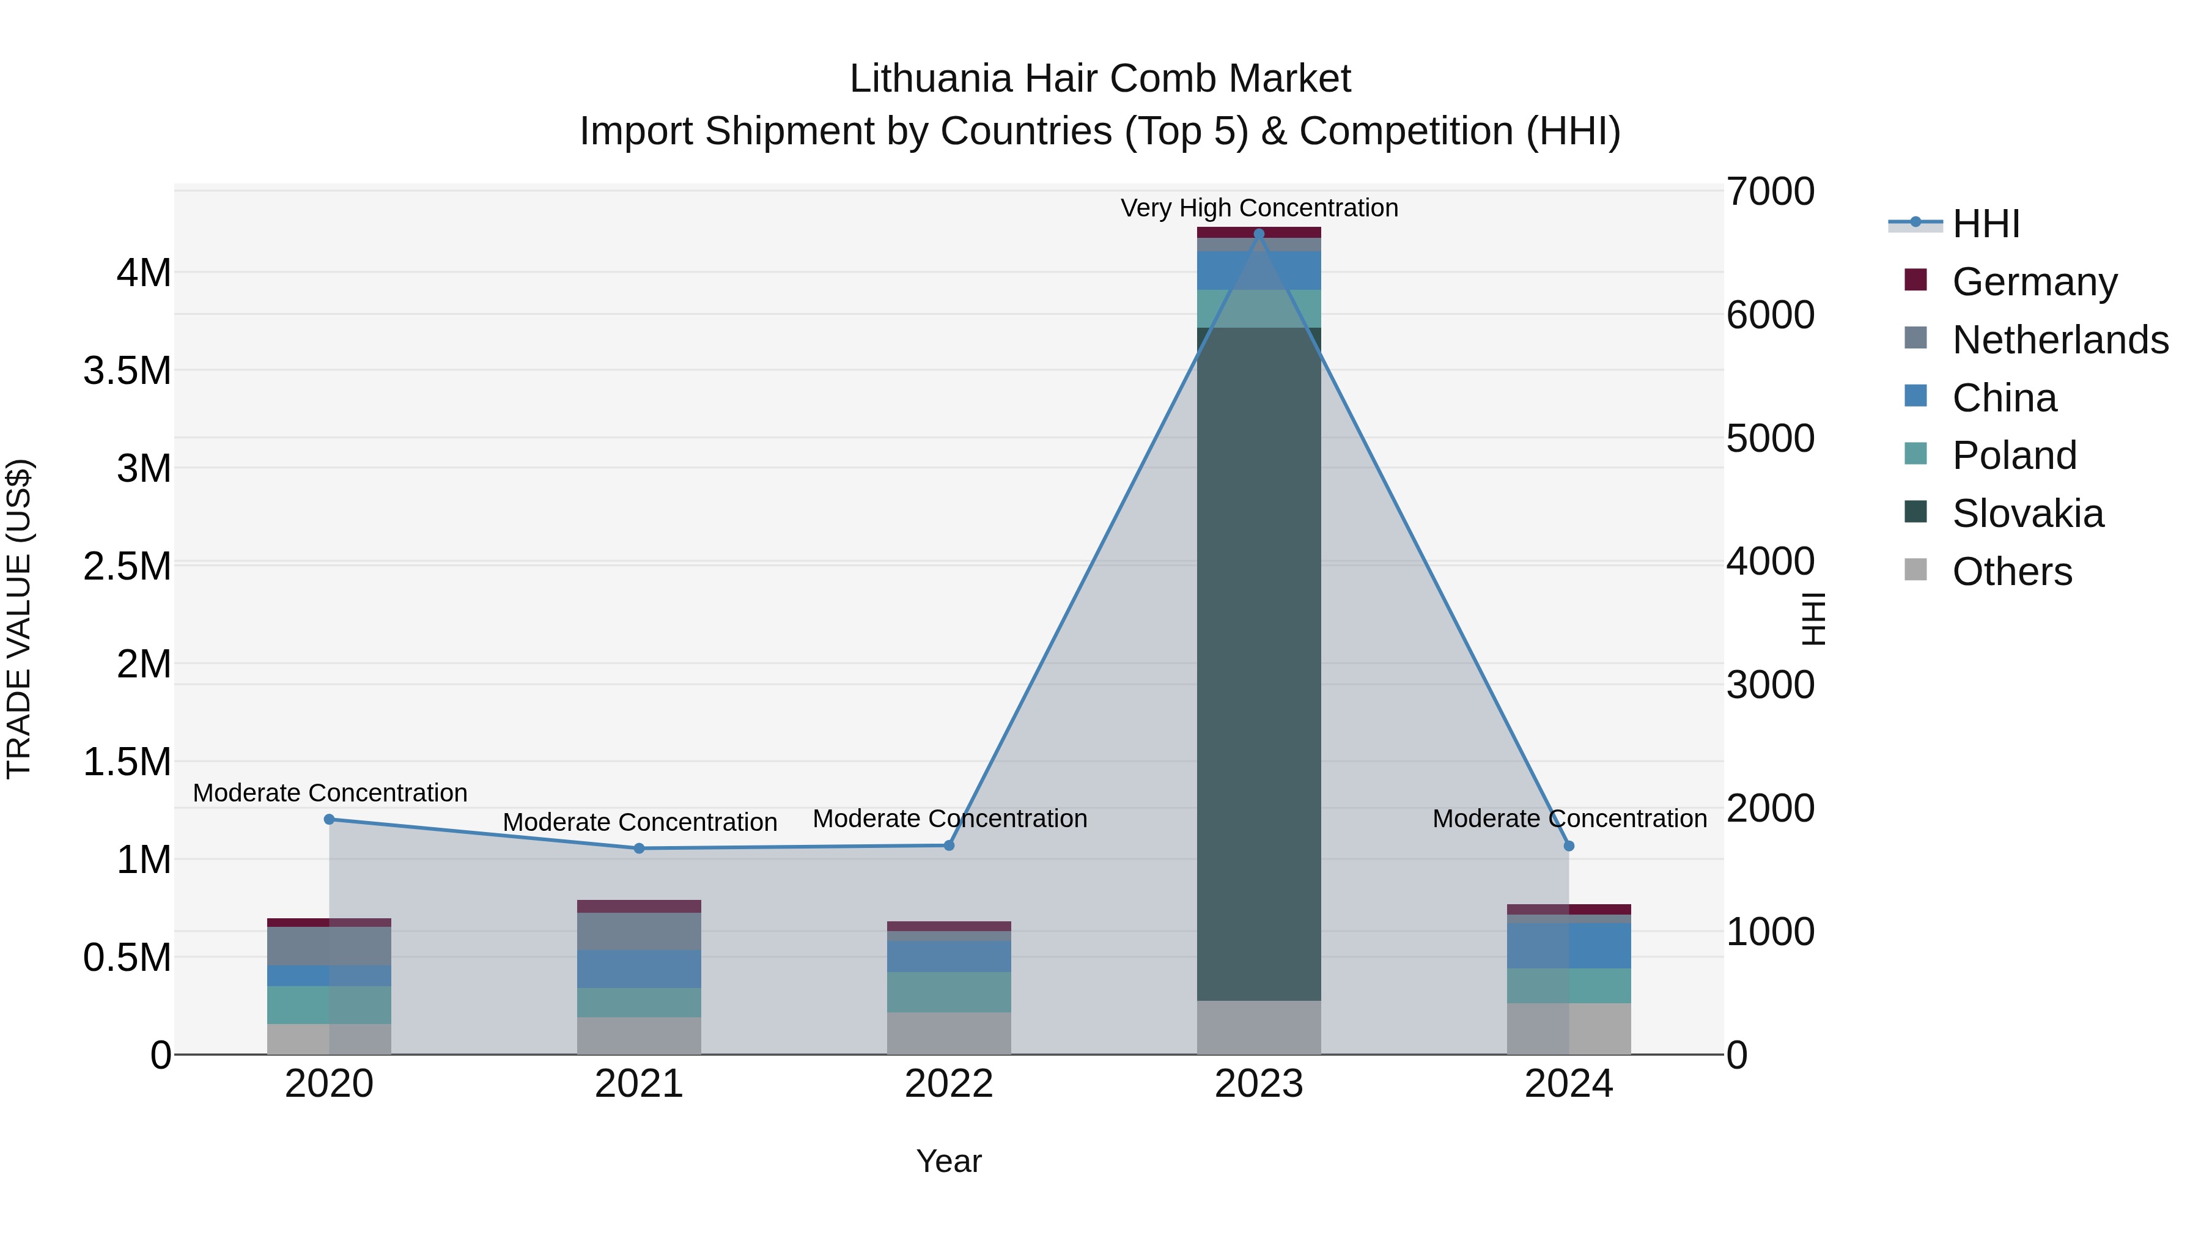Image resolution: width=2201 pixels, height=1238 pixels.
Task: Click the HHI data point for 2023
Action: [x=1259, y=234]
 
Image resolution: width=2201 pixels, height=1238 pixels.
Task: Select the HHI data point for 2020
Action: [x=329, y=819]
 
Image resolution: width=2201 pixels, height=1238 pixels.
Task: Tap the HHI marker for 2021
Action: [x=639, y=849]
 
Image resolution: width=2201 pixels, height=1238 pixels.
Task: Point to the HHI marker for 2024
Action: [x=1569, y=846]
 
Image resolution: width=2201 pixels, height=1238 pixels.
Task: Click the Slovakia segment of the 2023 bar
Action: [x=1259, y=664]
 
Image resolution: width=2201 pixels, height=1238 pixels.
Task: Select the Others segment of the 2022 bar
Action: [x=948, y=1033]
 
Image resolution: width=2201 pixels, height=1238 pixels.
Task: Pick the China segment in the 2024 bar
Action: [x=1569, y=945]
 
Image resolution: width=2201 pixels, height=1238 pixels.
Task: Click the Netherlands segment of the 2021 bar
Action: [x=639, y=931]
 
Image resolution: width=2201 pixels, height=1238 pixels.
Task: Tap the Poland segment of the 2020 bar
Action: [x=329, y=1004]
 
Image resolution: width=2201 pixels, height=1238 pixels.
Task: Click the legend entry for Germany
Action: [x=2033, y=282]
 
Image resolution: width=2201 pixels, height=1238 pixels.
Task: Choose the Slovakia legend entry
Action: [x=2027, y=514]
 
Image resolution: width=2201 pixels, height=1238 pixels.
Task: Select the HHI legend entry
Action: [x=1985, y=224]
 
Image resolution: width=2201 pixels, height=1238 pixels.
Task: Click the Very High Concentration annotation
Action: [x=1259, y=208]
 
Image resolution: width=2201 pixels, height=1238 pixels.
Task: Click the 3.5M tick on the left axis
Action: [x=127, y=371]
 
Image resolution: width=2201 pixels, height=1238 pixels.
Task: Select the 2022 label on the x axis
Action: [x=948, y=1084]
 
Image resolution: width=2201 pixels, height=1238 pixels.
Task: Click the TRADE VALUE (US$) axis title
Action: [x=19, y=619]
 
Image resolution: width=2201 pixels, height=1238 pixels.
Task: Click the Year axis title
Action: [x=948, y=1161]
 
